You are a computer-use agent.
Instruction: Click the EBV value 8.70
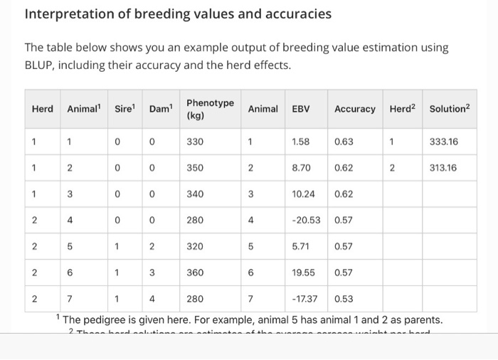tap(300, 168)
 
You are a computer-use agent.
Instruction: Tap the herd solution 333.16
tap(444, 142)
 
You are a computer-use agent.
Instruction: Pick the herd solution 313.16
tap(444, 168)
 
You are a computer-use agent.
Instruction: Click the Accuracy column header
tap(354, 109)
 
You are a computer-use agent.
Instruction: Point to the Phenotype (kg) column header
tap(210, 109)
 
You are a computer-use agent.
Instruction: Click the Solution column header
tap(450, 108)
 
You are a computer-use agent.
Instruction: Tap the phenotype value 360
tap(195, 272)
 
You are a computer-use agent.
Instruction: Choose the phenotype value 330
tap(195, 142)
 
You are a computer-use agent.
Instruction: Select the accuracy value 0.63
tap(344, 142)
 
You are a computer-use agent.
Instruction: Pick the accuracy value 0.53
tap(344, 298)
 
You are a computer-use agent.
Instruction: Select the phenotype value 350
tap(195, 168)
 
